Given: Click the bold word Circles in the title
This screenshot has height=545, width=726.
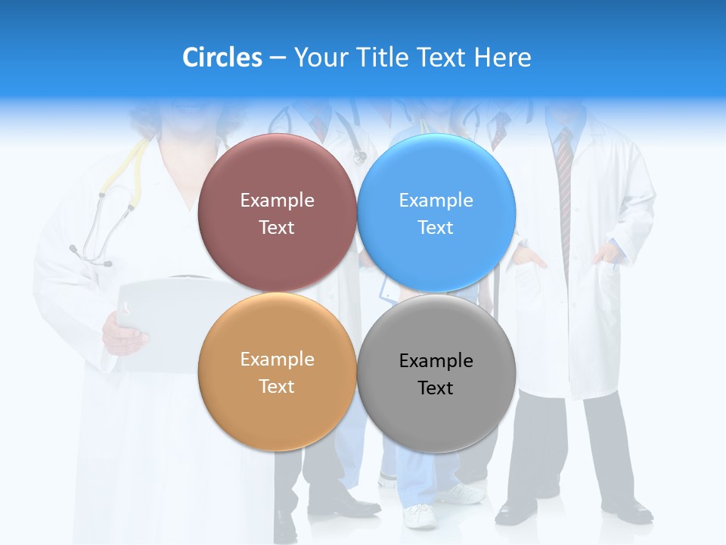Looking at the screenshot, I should tap(222, 58).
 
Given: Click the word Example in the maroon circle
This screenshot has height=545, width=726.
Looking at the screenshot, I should tap(277, 201).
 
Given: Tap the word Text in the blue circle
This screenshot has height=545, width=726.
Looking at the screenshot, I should tap(436, 228).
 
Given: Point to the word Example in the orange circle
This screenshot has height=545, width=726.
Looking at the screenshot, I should tap(277, 360).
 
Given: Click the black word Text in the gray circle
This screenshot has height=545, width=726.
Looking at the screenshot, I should tap(436, 388).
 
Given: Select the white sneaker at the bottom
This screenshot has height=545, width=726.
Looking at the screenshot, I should tap(420, 516).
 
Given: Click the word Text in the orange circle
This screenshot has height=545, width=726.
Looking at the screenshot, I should tap(277, 387).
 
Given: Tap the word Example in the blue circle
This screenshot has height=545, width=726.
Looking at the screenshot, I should tap(436, 201).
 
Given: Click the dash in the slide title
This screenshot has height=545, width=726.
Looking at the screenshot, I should tap(278, 58).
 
